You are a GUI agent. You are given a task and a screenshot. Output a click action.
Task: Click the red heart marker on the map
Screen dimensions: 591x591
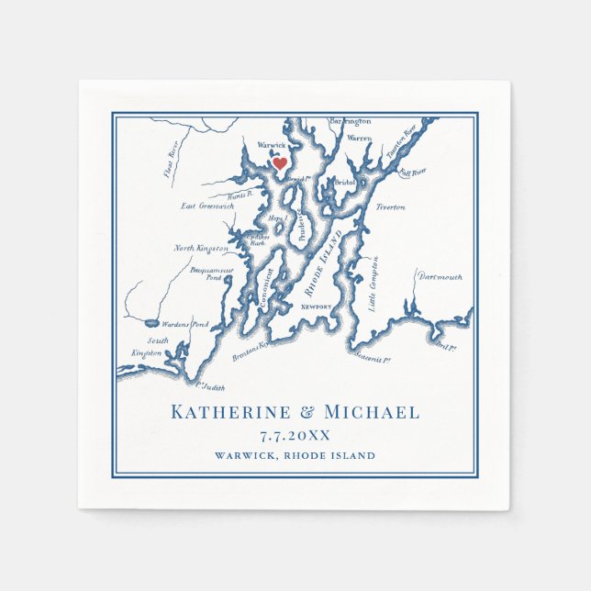point(280,163)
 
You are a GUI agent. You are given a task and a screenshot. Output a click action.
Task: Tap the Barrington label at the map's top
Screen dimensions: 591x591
point(351,121)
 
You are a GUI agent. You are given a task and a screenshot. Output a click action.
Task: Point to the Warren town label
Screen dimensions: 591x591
point(359,139)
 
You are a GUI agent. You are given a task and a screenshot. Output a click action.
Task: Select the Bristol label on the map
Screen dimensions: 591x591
point(344,183)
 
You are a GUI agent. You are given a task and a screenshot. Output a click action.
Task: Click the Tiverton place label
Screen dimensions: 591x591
point(390,207)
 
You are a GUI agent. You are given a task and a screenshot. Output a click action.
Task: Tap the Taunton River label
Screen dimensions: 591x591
point(402,141)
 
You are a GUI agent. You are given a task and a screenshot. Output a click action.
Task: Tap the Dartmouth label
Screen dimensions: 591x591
point(440,276)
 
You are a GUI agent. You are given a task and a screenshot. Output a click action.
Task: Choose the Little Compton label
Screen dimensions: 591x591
point(374,284)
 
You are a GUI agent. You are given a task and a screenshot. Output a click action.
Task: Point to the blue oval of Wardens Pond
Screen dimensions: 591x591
point(150,322)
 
